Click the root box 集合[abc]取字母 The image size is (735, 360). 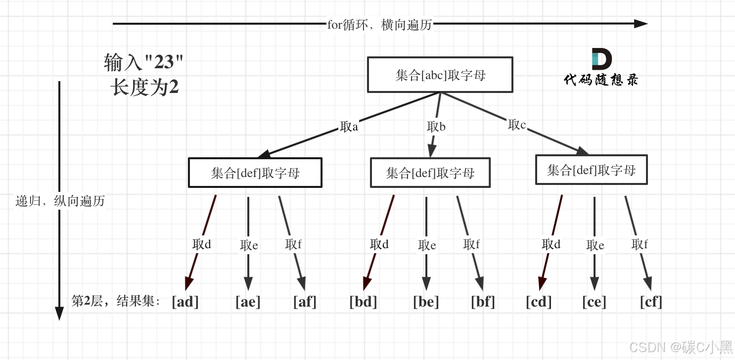440,75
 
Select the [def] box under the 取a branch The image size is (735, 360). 255,173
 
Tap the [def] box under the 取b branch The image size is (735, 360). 430,173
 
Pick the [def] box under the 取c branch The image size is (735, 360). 591,170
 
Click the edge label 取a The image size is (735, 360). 349,127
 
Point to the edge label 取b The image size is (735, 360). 436,127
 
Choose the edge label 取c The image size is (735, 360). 517,125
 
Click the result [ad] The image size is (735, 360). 185,302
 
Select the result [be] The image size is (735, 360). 426,302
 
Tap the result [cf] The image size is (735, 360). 650,302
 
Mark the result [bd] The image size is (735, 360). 363,302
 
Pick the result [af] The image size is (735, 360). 305,302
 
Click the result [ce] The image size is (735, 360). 594,302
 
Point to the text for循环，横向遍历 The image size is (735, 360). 379,25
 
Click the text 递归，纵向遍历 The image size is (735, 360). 60,201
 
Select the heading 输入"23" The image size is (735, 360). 143,63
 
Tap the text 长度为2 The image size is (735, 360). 144,88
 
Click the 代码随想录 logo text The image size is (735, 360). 601,80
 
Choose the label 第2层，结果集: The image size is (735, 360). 116,301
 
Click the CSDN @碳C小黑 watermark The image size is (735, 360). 681,347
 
